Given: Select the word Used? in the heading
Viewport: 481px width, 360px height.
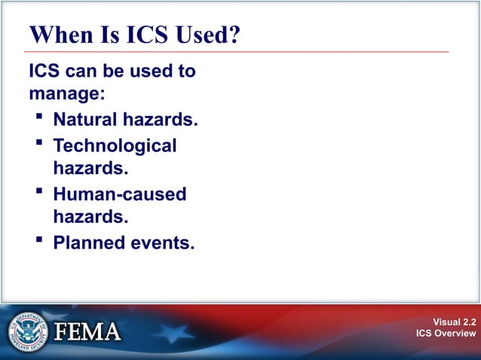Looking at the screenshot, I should coord(207,35).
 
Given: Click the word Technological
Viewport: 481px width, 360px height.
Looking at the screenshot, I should coord(115,145).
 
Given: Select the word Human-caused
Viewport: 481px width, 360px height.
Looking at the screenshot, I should coord(119,194).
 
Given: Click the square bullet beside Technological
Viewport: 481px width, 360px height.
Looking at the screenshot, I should coord(39,143).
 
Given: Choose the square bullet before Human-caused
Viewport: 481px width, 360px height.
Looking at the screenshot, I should coord(39,192).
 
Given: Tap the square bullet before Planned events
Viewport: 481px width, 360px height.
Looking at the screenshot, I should coord(39,241).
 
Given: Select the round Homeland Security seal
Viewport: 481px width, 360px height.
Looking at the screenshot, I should coord(27,332).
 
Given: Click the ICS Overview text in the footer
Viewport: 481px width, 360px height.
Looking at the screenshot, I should coord(446,334).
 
